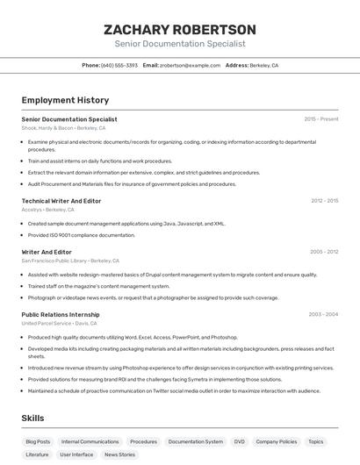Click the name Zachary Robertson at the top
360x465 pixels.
(179, 29)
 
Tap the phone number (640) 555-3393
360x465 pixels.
(119, 65)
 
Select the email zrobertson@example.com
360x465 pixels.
(190, 65)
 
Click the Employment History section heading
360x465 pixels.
(65, 100)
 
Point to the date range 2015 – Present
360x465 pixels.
(320, 118)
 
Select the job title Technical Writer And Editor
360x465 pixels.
(61, 201)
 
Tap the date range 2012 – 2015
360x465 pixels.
(324, 201)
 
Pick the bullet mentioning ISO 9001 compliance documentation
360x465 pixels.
(82, 235)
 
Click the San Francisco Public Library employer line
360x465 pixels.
(70, 261)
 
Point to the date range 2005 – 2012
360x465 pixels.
(324, 252)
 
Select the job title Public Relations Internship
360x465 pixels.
(61, 314)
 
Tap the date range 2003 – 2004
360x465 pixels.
(323, 314)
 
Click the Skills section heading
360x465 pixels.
(32, 418)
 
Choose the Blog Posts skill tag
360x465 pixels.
(38, 442)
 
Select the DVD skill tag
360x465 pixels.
(239, 442)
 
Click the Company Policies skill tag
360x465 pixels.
(277, 442)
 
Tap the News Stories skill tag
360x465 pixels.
(119, 454)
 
